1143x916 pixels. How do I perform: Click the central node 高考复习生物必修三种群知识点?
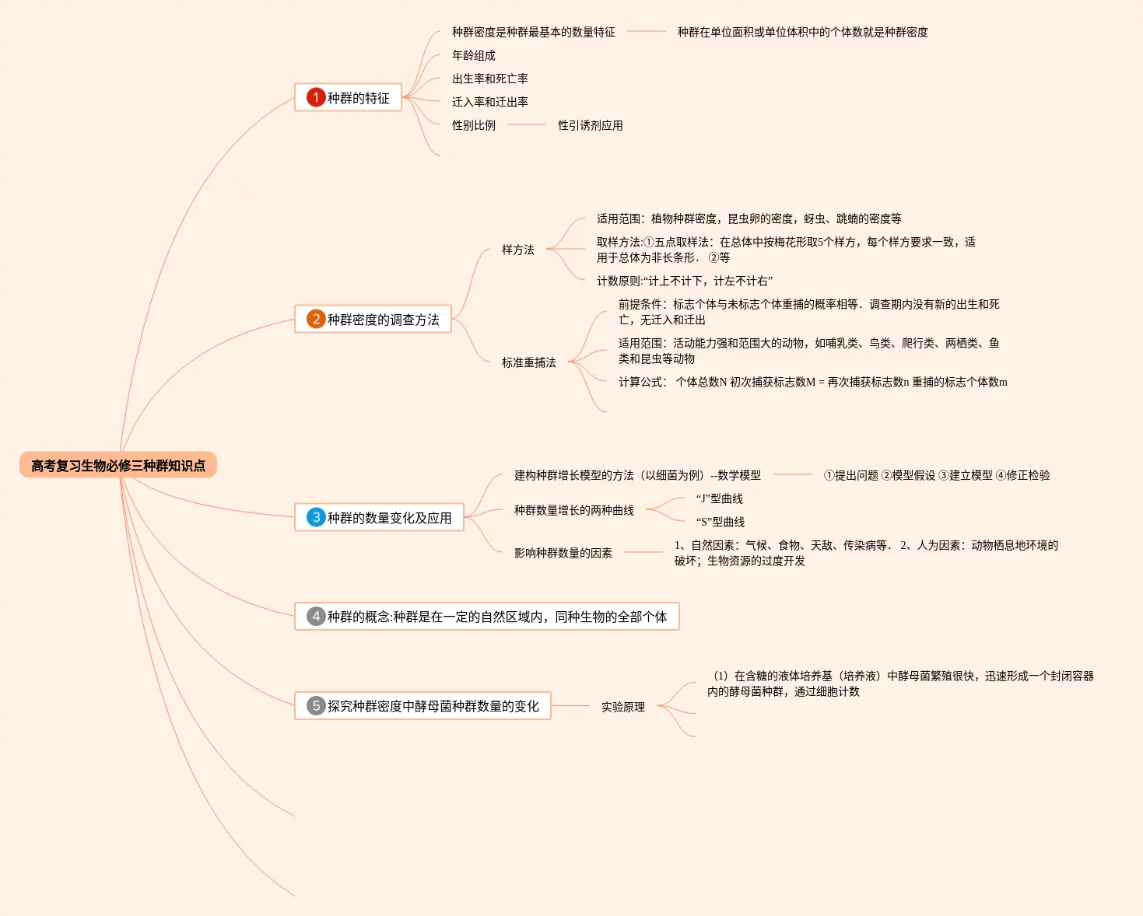(x=118, y=466)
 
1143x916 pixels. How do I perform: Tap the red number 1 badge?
(x=315, y=97)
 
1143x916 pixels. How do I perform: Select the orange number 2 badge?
(x=315, y=319)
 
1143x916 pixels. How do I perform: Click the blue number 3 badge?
(x=315, y=517)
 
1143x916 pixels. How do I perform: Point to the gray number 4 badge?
(x=315, y=616)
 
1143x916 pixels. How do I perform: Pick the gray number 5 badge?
(x=315, y=705)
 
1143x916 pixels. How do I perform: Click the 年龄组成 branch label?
(x=473, y=55)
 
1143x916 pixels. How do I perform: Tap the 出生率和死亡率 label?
(x=489, y=79)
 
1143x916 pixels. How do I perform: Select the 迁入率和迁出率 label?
(x=489, y=102)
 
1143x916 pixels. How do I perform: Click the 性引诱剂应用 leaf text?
(x=590, y=125)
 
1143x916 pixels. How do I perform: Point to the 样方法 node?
(x=517, y=250)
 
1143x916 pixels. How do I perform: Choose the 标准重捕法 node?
(x=528, y=362)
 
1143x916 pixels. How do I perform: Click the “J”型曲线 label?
(x=719, y=498)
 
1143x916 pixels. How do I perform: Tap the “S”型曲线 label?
(x=720, y=522)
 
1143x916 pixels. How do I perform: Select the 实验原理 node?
(x=622, y=707)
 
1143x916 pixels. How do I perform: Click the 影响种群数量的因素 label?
(x=563, y=553)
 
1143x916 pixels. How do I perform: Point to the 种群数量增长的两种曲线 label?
(x=573, y=510)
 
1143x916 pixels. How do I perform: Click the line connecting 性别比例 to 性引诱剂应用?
(x=526, y=125)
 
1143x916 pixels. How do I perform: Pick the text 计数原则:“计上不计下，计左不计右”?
(x=684, y=281)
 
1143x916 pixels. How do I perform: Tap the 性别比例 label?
(x=473, y=125)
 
